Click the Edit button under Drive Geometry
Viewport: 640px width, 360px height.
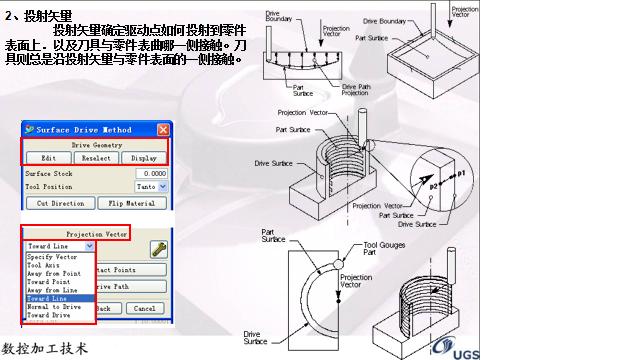(x=48, y=158)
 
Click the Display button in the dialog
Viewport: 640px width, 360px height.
(x=143, y=158)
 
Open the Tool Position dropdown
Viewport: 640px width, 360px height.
(x=150, y=187)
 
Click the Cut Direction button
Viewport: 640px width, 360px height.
(x=60, y=203)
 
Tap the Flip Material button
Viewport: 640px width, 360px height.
(x=131, y=203)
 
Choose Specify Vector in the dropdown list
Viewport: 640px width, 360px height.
(x=52, y=257)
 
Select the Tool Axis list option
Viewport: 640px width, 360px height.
(x=44, y=265)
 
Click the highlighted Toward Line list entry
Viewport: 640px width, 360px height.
(x=48, y=298)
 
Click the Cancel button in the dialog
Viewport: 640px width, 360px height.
(x=144, y=308)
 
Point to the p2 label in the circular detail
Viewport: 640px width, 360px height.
(x=436, y=186)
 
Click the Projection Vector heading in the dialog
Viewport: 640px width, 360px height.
(x=96, y=232)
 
